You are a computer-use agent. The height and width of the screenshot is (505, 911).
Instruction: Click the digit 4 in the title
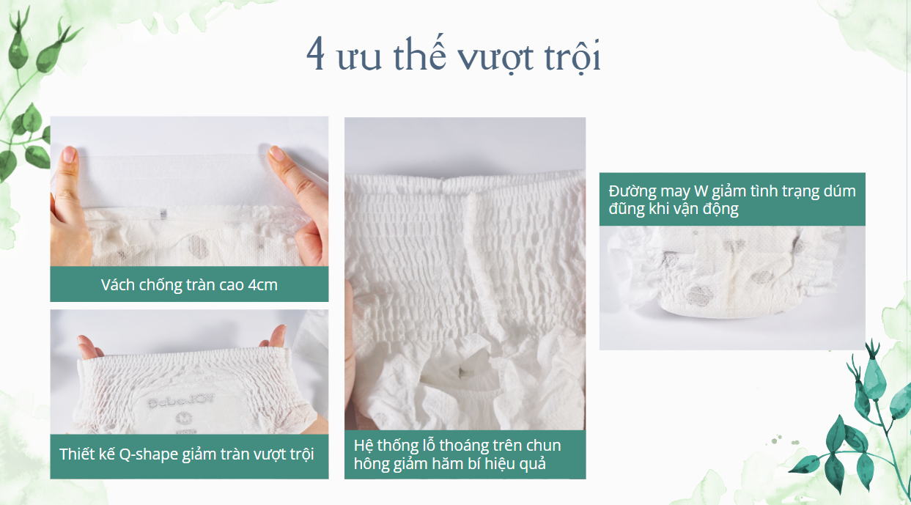pyautogui.click(x=316, y=54)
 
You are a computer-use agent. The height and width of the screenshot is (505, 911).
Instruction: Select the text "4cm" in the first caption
pyautogui.click(x=262, y=284)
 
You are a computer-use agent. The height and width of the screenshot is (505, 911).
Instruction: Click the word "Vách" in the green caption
pyautogui.click(x=118, y=284)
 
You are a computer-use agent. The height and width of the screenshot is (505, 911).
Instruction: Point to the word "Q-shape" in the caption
pyautogui.click(x=149, y=454)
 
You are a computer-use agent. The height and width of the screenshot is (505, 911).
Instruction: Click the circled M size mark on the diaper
pyautogui.click(x=181, y=418)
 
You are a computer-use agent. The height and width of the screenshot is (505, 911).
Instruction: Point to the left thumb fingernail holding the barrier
pyautogui.click(x=69, y=154)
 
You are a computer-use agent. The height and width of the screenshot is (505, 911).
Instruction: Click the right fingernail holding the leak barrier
pyautogui.click(x=277, y=152)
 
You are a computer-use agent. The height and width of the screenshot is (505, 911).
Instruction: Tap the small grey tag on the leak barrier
pyautogui.click(x=163, y=214)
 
